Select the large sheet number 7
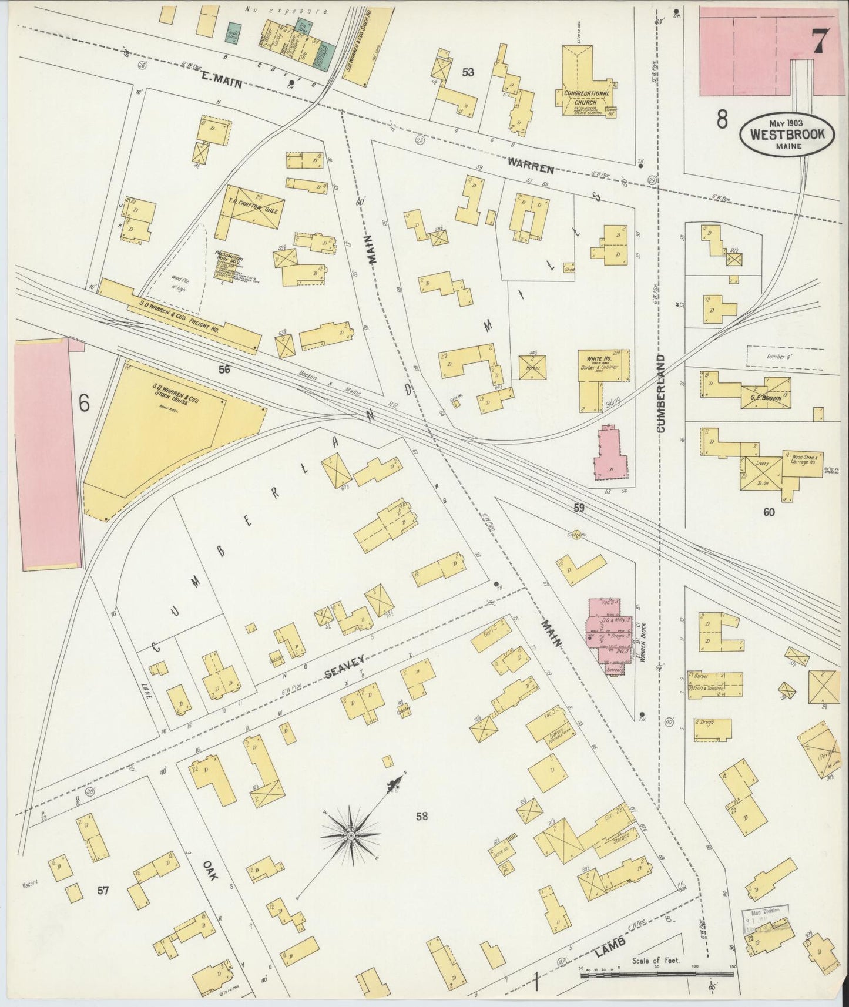(x=820, y=42)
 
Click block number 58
(x=421, y=815)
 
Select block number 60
(x=769, y=512)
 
